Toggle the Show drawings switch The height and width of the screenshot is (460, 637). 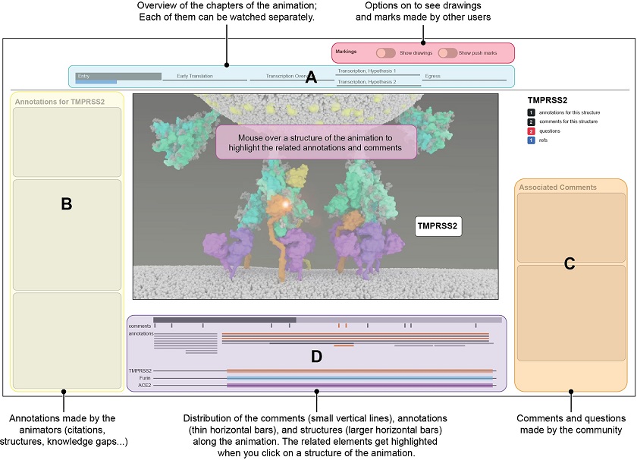[385, 53]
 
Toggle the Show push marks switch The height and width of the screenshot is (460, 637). [447, 53]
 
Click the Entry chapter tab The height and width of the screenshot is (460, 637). [118, 76]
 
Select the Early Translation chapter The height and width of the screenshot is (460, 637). [194, 76]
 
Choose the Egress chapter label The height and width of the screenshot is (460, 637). [432, 76]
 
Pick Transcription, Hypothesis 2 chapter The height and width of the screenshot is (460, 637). [367, 81]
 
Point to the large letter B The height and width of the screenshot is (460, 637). [66, 203]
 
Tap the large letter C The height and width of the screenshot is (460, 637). [570, 263]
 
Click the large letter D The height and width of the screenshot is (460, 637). [316, 355]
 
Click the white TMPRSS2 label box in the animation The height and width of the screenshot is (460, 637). [440, 225]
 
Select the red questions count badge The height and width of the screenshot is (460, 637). [531, 131]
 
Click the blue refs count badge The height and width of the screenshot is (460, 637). [531, 140]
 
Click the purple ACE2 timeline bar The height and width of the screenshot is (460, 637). [360, 386]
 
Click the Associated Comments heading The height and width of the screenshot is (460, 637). [547, 187]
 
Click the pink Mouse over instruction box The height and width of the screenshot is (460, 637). [315, 143]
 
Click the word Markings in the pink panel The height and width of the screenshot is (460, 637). [347, 50]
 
